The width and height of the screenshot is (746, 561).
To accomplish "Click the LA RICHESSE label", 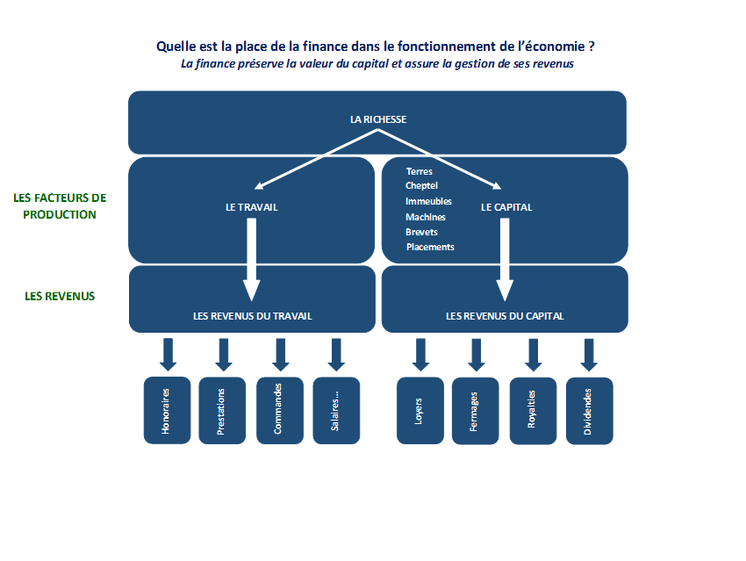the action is [x=378, y=119].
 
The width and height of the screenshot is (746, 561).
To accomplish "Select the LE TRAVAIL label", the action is [x=252, y=207].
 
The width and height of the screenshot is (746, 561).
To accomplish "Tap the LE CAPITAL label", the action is [x=506, y=207].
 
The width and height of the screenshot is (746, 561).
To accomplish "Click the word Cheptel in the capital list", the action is [x=421, y=185].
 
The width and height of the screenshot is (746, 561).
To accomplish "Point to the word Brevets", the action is [x=421, y=232].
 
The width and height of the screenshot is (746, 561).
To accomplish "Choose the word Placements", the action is [x=430, y=247].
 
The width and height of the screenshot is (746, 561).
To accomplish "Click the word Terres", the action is [x=420, y=171].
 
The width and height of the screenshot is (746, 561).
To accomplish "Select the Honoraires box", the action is [x=167, y=411].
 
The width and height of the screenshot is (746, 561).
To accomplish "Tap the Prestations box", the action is [x=222, y=411].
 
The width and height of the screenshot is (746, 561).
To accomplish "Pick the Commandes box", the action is [x=280, y=411].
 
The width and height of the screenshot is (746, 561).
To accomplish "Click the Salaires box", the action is [x=336, y=411].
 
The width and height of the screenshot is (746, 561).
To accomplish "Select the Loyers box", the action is [x=420, y=411].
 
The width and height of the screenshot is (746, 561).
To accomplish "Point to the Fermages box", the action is [x=476, y=411].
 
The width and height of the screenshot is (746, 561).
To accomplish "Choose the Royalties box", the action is [x=533, y=411].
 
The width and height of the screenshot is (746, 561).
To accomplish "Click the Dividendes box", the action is [x=590, y=411].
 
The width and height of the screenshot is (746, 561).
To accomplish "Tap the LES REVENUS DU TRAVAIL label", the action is [x=253, y=316].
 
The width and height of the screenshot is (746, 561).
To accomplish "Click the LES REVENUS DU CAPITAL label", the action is [x=505, y=316].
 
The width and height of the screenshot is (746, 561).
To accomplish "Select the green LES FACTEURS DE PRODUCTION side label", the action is [x=60, y=206].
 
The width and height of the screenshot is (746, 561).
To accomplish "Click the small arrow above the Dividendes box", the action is [x=589, y=355].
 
